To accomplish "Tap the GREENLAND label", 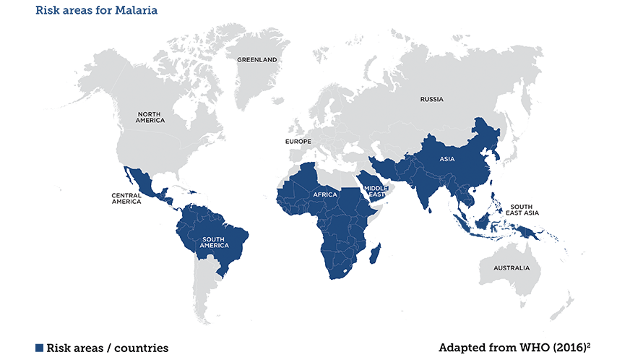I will [257, 59].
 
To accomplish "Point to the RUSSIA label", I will [431, 99].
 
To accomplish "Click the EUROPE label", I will [298, 142].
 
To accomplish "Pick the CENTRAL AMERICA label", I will [126, 198].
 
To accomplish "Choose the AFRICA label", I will [326, 195].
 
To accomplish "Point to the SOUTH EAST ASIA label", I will [522, 210].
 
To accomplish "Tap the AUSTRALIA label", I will [512, 269].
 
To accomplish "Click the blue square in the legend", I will [40, 348].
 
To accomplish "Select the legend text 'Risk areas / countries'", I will [107, 348].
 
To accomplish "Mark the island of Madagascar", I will [375, 253].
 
